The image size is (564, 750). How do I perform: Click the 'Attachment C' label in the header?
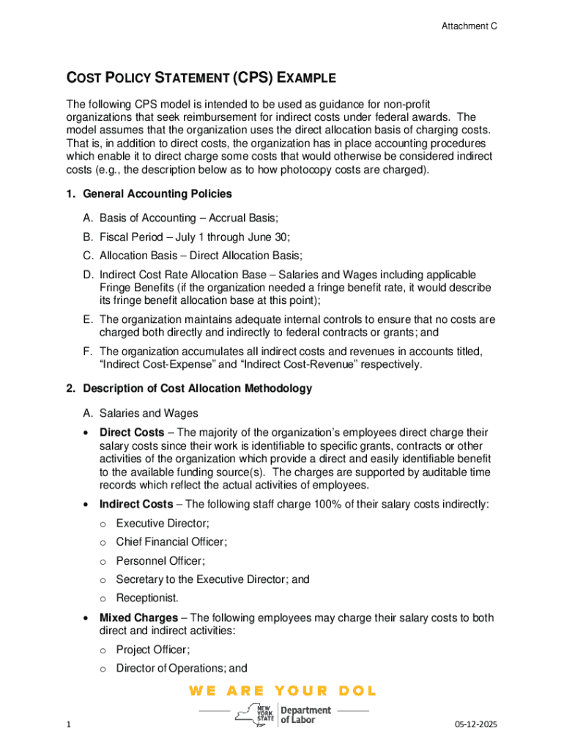[469, 26]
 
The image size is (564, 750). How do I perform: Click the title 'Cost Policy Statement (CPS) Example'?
[201, 78]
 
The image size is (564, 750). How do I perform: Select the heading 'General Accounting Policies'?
[157, 194]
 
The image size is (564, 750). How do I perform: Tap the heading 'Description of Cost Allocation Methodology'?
[197, 388]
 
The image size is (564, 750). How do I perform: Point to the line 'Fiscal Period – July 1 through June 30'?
[195, 237]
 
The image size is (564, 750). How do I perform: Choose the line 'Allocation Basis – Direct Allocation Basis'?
[201, 256]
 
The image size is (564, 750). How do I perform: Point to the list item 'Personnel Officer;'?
[160, 561]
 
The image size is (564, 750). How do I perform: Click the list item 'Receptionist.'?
[146, 598]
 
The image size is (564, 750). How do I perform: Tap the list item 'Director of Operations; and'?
[181, 668]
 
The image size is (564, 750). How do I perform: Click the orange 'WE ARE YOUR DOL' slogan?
[282, 691]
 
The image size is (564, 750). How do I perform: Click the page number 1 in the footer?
[67, 724]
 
